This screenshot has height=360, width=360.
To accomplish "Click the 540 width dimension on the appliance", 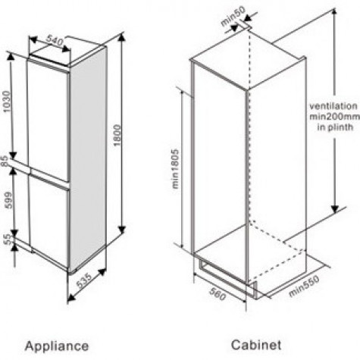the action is coord(55,41).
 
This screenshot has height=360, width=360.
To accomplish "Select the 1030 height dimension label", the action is coord(8,102).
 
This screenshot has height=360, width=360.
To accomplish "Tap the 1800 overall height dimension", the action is coord(117,135).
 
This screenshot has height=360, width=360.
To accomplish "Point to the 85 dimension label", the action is coord(5,161).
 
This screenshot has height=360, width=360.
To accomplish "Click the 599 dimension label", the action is coord(8,200).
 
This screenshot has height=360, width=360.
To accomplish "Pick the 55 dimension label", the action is coord(8,239).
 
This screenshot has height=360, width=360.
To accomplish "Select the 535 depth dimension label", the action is coord(84,280).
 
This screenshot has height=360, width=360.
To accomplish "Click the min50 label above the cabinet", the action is coord(233,16).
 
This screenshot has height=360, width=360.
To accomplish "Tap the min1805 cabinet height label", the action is coord(175,169).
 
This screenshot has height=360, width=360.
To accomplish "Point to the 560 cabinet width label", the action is coord(218,295).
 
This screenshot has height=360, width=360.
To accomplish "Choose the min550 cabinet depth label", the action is coord(304,286).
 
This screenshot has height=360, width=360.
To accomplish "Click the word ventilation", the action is coord(333,106).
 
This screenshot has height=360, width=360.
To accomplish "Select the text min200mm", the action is coord(335,117).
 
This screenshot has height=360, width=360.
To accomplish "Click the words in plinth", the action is coord(335,127).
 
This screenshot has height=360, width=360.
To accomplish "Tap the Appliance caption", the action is coord(57,346).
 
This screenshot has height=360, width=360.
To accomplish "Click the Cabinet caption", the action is coord(256,345).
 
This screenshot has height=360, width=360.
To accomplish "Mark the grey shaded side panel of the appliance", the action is coord(88,157).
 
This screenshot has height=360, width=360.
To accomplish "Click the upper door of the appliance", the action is coord(48,121).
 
